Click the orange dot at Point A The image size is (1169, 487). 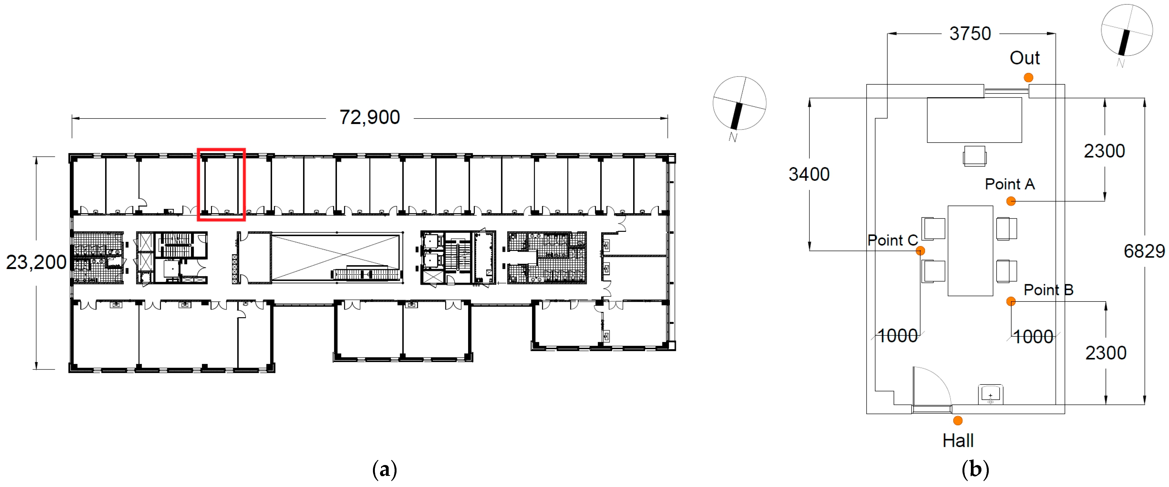pos(1011,201)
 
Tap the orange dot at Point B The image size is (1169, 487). pos(1011,301)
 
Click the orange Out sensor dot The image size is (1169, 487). pos(1028,78)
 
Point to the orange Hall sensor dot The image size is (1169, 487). pos(958,421)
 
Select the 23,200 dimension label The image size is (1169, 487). pos(36,262)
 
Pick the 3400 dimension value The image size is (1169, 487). pos(809,174)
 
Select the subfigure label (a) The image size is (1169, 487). pos(384,469)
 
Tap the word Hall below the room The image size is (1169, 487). pos(958,440)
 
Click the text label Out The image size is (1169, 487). pos(1024,58)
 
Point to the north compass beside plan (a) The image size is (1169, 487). pos(739,104)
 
